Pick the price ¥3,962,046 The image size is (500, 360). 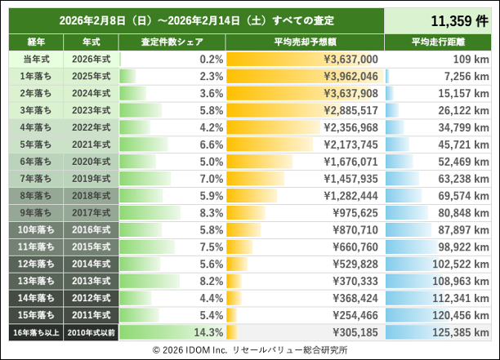click(x=350, y=76)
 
